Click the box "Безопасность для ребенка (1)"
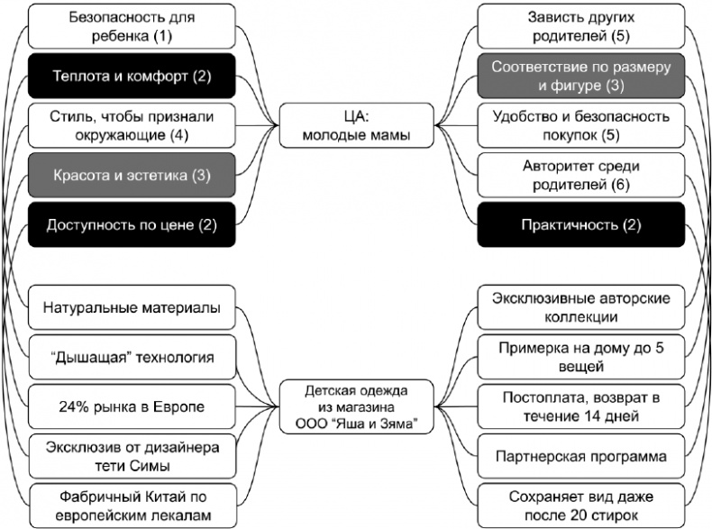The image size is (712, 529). tap(132, 26)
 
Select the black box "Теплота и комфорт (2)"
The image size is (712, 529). tap(132, 76)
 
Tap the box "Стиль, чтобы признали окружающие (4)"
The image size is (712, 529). tap(132, 125)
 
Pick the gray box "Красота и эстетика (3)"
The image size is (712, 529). tap(132, 175)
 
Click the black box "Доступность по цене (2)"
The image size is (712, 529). tap(132, 223)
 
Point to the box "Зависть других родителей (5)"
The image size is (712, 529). tap(581, 26)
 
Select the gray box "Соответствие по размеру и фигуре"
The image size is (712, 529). tap(581, 76)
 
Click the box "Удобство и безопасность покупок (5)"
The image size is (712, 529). tap(581, 125)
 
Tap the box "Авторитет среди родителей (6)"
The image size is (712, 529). tap(581, 175)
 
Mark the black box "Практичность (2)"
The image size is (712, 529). tap(581, 223)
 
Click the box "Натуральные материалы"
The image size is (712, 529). tap(132, 309)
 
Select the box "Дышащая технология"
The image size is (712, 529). tap(132, 358)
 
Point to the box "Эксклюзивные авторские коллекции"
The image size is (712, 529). tap(581, 308)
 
